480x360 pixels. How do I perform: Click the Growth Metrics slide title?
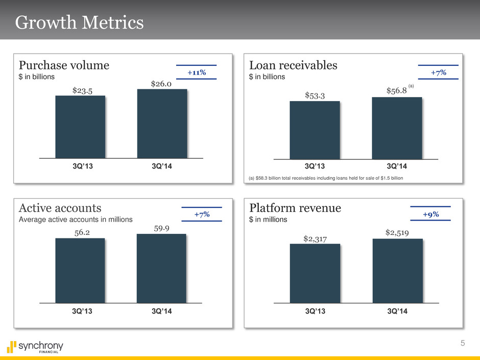[x=79, y=23]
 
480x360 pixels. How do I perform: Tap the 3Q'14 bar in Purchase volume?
[x=162, y=124]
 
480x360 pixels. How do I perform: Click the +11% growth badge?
[x=196, y=73]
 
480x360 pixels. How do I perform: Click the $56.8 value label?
[x=396, y=91]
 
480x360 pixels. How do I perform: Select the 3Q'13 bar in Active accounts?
[x=80, y=270]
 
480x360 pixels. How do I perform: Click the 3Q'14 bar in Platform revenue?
[x=398, y=271]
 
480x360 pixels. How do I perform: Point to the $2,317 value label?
[x=315, y=237]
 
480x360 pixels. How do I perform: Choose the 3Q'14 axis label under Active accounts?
[x=161, y=313]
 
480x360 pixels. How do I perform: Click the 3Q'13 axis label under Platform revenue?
[x=315, y=313]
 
